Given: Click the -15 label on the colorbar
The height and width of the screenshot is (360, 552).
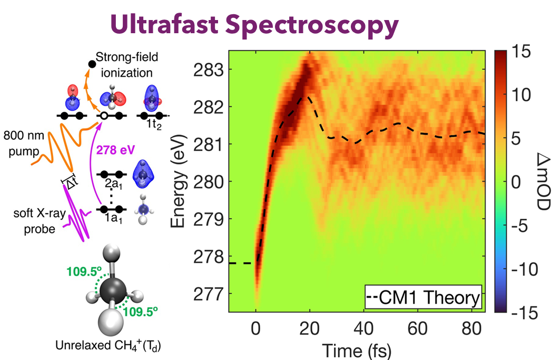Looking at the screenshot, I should point(517,314).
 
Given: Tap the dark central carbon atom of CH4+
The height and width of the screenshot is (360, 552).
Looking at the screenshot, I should point(112,289).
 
